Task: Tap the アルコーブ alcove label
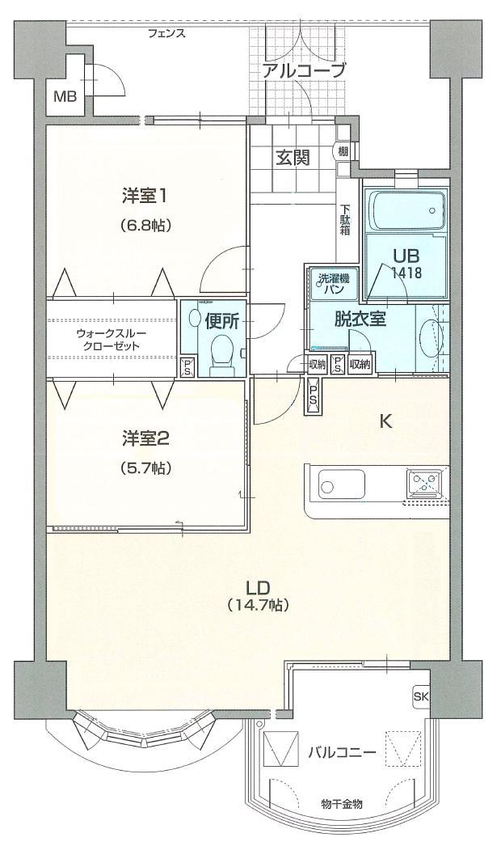click(x=303, y=70)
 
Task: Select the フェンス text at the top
click(x=167, y=33)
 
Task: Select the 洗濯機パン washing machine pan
click(x=332, y=284)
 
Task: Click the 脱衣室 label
click(x=360, y=318)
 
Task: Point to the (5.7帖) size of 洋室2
click(x=146, y=467)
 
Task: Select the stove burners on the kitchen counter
click(x=425, y=483)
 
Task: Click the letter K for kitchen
click(x=386, y=421)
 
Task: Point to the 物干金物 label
click(x=341, y=804)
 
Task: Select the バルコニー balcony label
click(x=341, y=753)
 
